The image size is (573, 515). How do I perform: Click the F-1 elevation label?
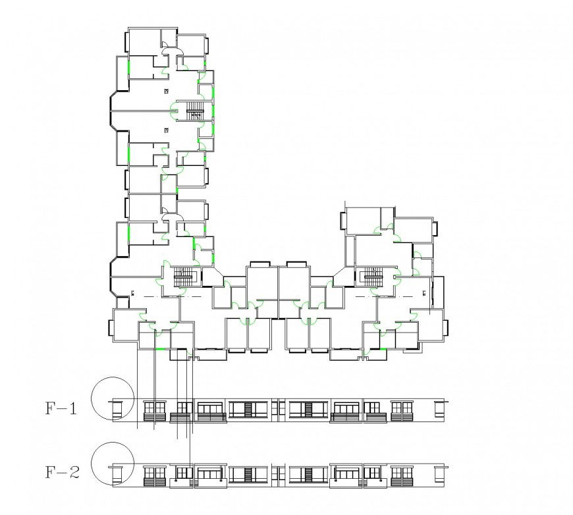61,409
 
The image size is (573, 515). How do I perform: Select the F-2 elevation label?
61,472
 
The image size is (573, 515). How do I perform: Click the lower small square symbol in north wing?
167,130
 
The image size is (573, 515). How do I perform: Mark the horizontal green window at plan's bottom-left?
160,348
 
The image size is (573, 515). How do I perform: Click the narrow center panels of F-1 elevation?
278,409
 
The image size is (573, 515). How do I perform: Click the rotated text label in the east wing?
425,292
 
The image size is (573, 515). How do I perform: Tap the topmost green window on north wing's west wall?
128,67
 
